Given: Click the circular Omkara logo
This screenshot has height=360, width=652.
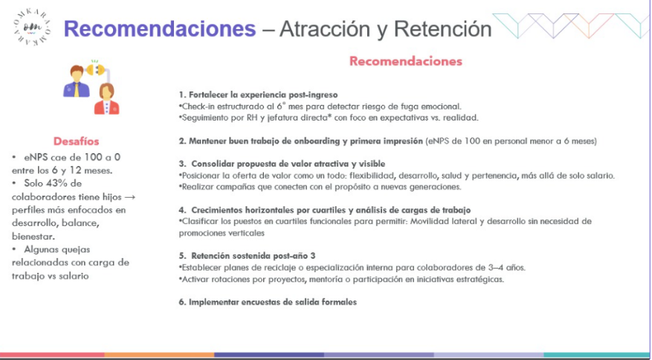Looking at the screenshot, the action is [x=33, y=27].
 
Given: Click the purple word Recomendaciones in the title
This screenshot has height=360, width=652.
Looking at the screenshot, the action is [x=160, y=29].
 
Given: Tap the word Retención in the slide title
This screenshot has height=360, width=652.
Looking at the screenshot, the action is [x=443, y=29].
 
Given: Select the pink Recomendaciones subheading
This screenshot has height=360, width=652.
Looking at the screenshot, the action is [x=406, y=61].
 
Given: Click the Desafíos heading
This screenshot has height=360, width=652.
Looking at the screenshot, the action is [x=76, y=141].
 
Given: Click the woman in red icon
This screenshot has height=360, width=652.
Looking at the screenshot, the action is [x=107, y=99].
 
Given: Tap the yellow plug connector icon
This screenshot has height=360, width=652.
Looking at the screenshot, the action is [x=96, y=69].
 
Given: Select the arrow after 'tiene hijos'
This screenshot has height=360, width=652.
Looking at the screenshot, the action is [x=131, y=196].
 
